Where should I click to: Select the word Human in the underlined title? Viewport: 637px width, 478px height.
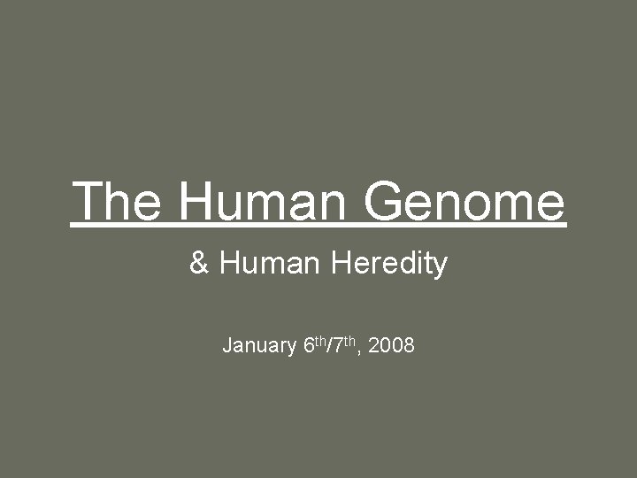pyautogui.click(x=263, y=201)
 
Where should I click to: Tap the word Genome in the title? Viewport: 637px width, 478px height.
pyautogui.click(x=464, y=201)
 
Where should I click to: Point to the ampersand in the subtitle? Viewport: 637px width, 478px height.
pyautogui.click(x=198, y=264)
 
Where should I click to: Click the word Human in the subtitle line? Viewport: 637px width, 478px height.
pyautogui.click(x=269, y=264)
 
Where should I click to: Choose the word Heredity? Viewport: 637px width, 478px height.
pyautogui.click(x=388, y=264)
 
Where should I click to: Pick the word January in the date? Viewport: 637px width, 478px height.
pyautogui.click(x=259, y=345)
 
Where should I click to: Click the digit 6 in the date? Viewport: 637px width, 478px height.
pyautogui.click(x=308, y=345)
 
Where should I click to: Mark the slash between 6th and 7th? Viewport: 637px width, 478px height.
pyautogui.click(x=328, y=345)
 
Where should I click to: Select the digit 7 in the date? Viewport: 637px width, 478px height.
pyautogui.click(x=335, y=345)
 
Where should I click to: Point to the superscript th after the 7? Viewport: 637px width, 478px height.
pyautogui.click(x=347, y=340)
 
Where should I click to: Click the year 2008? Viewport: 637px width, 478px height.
pyautogui.click(x=391, y=345)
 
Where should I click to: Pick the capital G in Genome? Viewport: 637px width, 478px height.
pyautogui.click(x=382, y=201)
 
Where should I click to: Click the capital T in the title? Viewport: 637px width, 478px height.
pyautogui.click(x=88, y=201)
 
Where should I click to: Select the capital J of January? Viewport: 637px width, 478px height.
pyautogui.click(x=226, y=345)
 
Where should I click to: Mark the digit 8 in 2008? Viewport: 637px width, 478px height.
pyautogui.click(x=409, y=345)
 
